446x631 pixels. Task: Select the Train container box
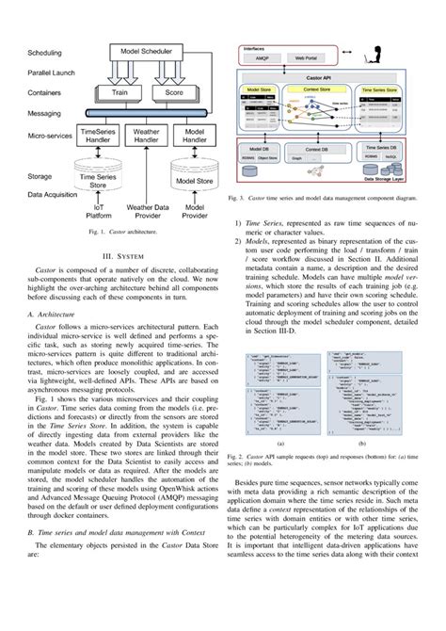coord(120,93)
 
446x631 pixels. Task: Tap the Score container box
coord(173,93)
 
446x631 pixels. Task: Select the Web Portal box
coord(305,58)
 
